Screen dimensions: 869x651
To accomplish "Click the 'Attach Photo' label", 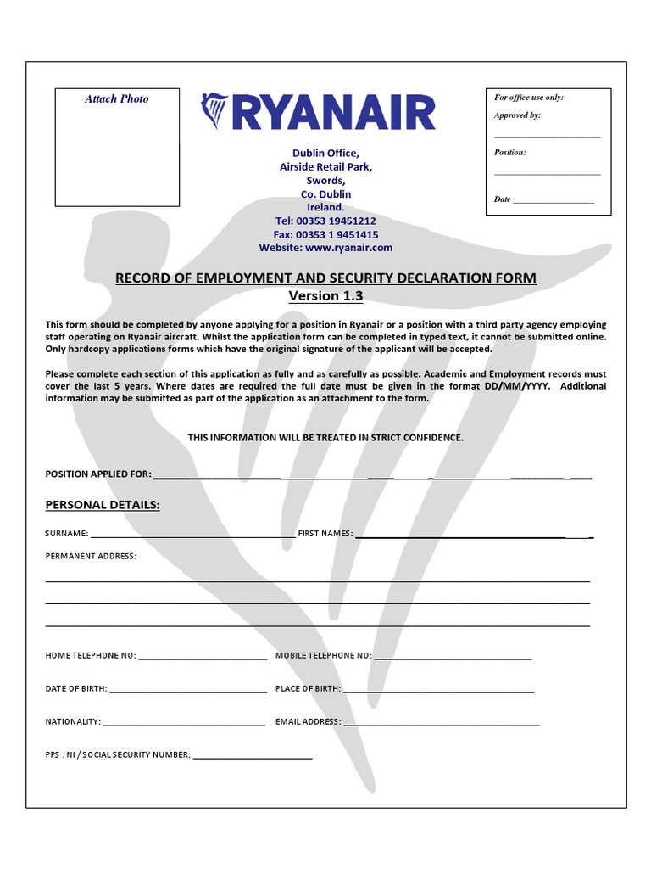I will [x=117, y=99].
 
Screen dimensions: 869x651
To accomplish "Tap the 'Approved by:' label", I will [x=517, y=115].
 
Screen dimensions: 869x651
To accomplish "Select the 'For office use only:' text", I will [x=529, y=98].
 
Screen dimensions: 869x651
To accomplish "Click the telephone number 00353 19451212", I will [x=325, y=221].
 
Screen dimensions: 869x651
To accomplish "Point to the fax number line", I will [x=325, y=234].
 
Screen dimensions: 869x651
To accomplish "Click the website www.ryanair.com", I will [x=325, y=248].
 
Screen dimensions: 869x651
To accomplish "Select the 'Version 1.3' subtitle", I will [x=325, y=296].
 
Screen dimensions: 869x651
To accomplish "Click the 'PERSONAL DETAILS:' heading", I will [x=102, y=505].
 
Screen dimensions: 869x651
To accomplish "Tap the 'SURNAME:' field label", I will [x=66, y=534].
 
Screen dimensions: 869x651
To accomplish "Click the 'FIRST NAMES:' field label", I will [x=325, y=534].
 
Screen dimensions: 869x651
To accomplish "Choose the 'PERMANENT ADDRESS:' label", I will [x=90, y=557].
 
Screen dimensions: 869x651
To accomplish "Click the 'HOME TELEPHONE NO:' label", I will [x=90, y=656].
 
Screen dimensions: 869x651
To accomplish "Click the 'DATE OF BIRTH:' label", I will [x=75, y=688].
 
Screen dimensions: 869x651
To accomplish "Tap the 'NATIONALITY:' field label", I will [x=72, y=722].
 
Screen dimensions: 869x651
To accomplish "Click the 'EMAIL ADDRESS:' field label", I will [x=308, y=722].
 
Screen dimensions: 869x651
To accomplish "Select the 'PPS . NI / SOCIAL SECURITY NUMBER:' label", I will [x=118, y=754].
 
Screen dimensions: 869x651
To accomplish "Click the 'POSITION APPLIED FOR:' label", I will [x=97, y=474].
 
